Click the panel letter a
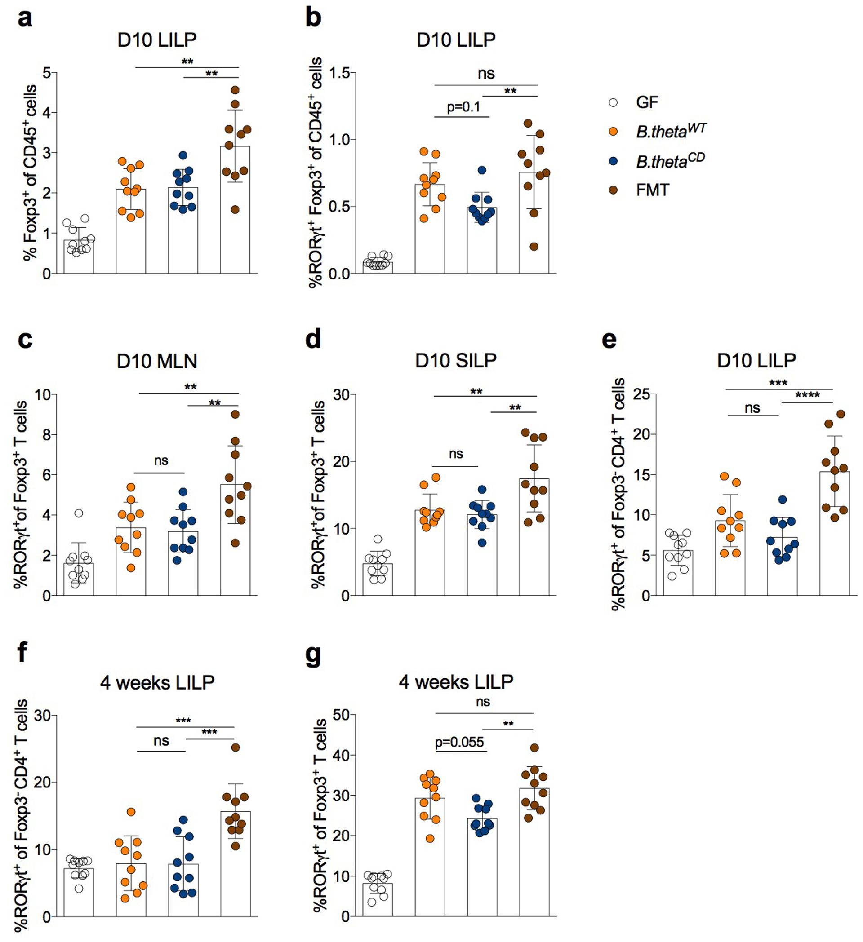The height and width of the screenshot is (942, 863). click(24, 20)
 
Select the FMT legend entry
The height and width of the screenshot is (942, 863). click(653, 190)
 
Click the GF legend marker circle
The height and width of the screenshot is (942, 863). click(614, 103)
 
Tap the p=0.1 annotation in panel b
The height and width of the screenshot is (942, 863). click(463, 107)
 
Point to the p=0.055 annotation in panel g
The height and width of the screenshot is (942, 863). click(459, 742)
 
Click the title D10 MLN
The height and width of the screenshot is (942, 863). click(157, 361)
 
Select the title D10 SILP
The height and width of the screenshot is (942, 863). click(456, 361)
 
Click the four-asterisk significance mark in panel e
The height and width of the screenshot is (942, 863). click(807, 395)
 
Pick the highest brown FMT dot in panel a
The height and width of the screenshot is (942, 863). click(236, 90)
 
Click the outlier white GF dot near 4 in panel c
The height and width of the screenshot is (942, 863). click(79, 513)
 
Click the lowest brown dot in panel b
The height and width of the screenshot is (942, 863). click(534, 247)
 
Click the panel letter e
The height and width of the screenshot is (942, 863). click(609, 341)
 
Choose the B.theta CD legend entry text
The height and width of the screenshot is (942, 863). click(670, 161)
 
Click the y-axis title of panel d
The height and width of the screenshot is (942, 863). click(319, 495)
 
